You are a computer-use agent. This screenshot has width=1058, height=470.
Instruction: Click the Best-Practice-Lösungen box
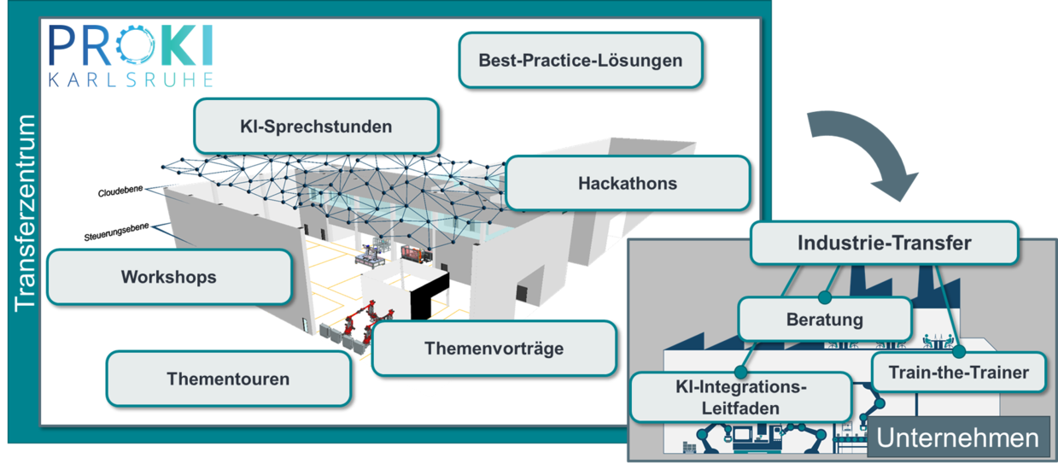coord(581,61)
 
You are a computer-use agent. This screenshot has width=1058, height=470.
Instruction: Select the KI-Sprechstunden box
coord(316,126)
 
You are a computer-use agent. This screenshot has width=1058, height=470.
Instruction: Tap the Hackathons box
coord(628,183)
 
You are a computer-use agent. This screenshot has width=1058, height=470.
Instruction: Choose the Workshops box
coord(169,277)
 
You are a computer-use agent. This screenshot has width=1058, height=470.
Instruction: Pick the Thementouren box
coord(228,378)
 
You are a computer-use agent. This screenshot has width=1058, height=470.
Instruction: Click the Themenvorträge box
coord(494,348)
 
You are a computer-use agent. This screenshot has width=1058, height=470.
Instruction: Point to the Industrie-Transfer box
coord(884,243)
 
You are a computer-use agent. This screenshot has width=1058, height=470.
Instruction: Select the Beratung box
coord(824,320)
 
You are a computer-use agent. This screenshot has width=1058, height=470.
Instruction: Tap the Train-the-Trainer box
coord(958,373)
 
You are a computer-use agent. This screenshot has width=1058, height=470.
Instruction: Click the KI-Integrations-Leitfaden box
coord(741,397)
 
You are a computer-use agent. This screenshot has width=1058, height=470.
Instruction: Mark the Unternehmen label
coord(958,438)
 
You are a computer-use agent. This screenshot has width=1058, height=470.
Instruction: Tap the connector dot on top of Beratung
coord(825,298)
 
